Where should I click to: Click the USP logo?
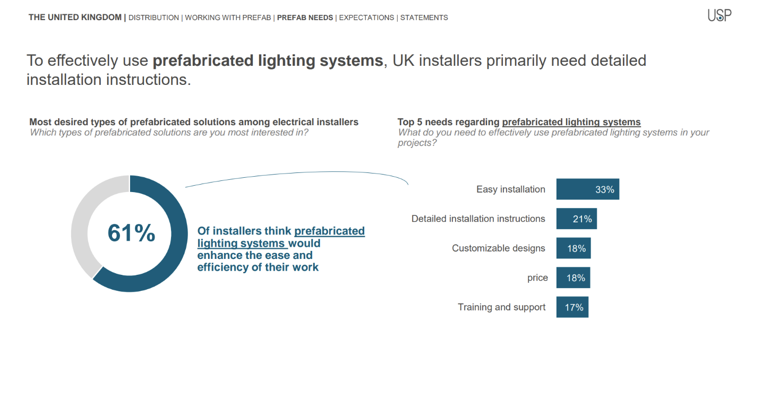pyautogui.click(x=720, y=15)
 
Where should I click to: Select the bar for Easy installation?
pyautogui.click(x=588, y=189)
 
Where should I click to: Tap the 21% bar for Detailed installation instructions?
pyautogui.click(x=577, y=219)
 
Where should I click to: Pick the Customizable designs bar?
pyautogui.click(x=573, y=248)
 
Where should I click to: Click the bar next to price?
pyautogui.click(x=573, y=278)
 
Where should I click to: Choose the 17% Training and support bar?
pyautogui.click(x=572, y=307)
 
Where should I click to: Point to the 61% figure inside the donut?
pyautogui.click(x=131, y=233)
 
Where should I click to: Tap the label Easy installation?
pyautogui.click(x=511, y=189)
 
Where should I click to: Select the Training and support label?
pyautogui.click(x=501, y=307)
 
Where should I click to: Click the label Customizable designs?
pyautogui.click(x=499, y=248)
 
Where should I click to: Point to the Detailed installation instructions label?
pyautogui.click(x=478, y=219)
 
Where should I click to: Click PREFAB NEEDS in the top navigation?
pyautogui.click(x=305, y=18)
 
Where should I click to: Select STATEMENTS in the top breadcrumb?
pyautogui.click(x=424, y=18)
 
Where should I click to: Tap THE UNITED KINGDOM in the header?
pyautogui.click(x=75, y=18)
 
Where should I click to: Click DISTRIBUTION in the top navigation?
pyautogui.click(x=153, y=18)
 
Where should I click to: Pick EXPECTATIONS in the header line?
pyautogui.click(x=366, y=18)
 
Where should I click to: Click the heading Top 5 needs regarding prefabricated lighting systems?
pyautogui.click(x=519, y=122)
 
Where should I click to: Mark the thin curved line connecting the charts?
pyautogui.click(x=306, y=173)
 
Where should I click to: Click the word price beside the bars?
pyautogui.click(x=537, y=278)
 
